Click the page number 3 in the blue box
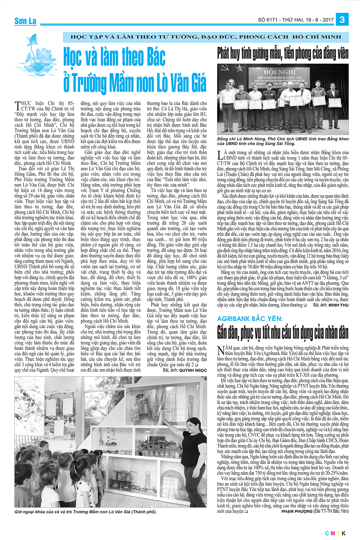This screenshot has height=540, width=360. [342, 20]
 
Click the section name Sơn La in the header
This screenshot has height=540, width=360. [25, 21]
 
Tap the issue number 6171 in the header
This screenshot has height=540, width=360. [271, 20]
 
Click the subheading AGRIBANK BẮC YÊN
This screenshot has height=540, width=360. [250, 319]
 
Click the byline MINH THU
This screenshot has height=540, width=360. [339, 305]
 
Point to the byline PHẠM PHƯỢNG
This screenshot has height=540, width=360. [297, 511]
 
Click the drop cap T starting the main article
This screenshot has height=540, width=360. [18, 106]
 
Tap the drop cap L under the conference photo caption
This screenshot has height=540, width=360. [220, 155]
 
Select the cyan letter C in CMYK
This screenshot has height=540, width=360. [327, 533]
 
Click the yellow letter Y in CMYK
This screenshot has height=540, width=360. [338, 533]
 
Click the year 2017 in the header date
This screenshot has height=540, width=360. [328, 20]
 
